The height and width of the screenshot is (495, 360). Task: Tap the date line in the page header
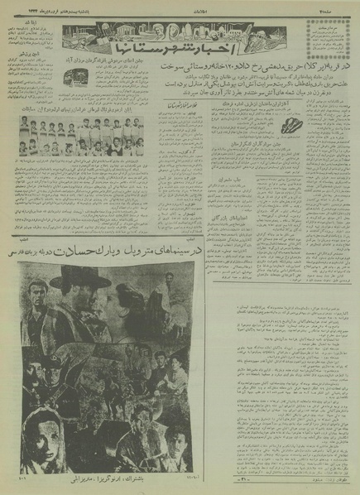coord(58,7)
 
